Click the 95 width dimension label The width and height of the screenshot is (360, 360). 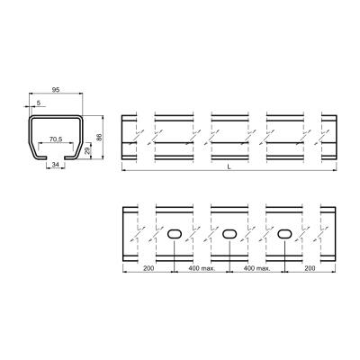56,89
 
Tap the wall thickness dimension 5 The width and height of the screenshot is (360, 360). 39,103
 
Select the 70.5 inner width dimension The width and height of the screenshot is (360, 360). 56,139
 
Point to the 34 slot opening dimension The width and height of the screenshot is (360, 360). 55,165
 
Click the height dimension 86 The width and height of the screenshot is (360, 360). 99,137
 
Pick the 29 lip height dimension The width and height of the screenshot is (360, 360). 87,150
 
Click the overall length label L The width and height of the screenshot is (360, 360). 229,168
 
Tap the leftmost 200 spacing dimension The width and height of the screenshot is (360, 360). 148,268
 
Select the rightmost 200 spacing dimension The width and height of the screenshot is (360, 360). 310,268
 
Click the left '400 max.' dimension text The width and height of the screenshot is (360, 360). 202,268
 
